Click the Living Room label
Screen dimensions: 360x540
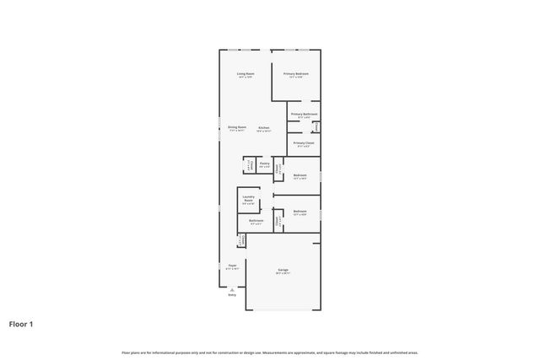click(246, 74)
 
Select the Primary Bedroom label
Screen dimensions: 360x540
click(296, 74)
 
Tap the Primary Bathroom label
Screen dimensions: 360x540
click(304, 114)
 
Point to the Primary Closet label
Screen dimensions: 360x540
click(304, 143)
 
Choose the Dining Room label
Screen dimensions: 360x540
click(237, 127)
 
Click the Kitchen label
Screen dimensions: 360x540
click(264, 127)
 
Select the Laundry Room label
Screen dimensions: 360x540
click(248, 199)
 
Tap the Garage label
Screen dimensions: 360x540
click(283, 270)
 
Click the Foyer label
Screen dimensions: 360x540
click(232, 265)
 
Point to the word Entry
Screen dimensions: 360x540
click(232, 295)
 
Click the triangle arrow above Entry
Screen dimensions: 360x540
click(232, 288)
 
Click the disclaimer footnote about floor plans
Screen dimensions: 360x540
click(270, 352)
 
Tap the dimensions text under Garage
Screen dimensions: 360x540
click(283, 273)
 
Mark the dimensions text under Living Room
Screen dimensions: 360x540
click(246, 78)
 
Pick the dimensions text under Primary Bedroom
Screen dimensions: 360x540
click(296, 78)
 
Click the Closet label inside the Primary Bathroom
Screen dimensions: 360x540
click(316, 127)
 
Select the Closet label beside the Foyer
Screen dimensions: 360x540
click(240, 241)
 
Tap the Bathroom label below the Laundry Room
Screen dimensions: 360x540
click(256, 220)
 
